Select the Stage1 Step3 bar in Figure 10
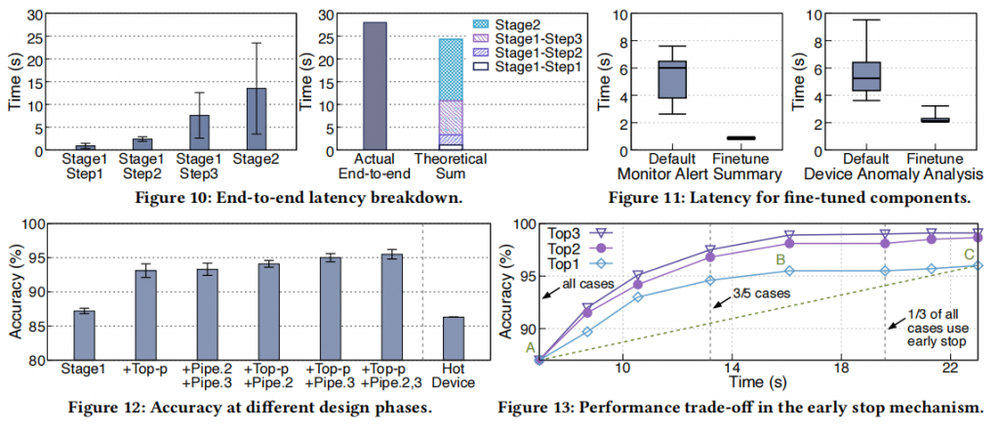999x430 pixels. [x=199, y=133]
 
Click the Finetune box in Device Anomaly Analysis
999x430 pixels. [x=935, y=120]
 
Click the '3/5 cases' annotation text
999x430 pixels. [x=759, y=293]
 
